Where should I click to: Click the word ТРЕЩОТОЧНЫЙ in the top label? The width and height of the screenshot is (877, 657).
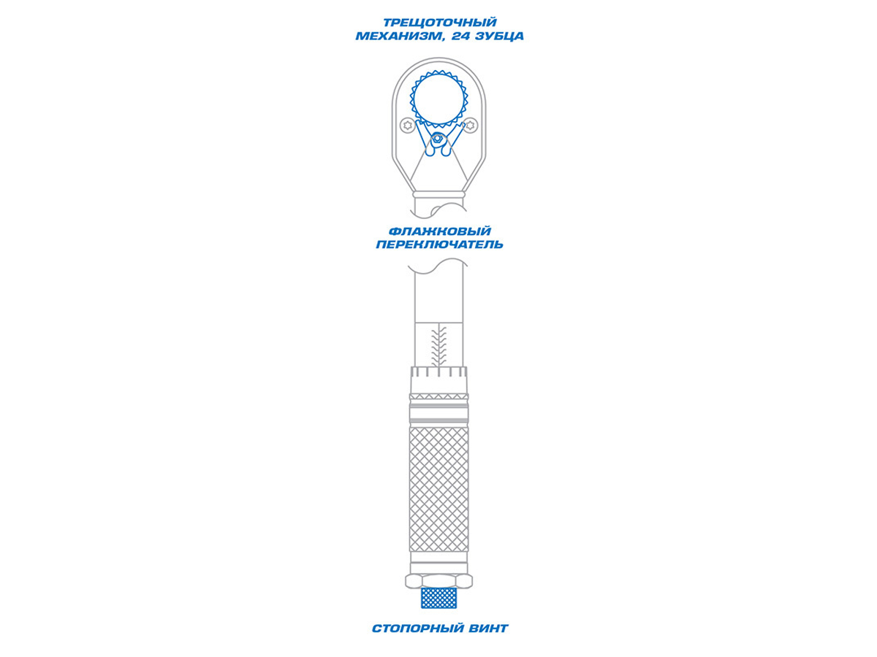click(440, 23)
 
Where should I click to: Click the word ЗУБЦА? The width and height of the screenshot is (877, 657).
click(500, 36)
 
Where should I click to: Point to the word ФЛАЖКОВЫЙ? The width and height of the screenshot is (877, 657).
click(439, 231)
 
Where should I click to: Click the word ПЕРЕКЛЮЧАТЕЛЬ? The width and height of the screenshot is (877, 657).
click(439, 244)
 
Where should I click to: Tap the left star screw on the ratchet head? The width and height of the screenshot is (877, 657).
click(408, 126)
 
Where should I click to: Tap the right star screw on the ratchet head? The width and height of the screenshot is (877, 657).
click(470, 126)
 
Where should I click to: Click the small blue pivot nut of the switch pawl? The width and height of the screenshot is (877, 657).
click(437, 139)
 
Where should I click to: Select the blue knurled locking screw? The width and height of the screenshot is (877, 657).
click(438, 597)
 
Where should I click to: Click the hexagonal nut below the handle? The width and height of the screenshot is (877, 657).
click(438, 581)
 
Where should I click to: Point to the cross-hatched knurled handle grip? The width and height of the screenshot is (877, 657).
click(438, 489)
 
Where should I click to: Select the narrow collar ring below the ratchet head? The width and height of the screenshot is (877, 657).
click(438, 194)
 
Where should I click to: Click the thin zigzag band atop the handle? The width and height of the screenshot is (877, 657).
click(438, 396)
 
